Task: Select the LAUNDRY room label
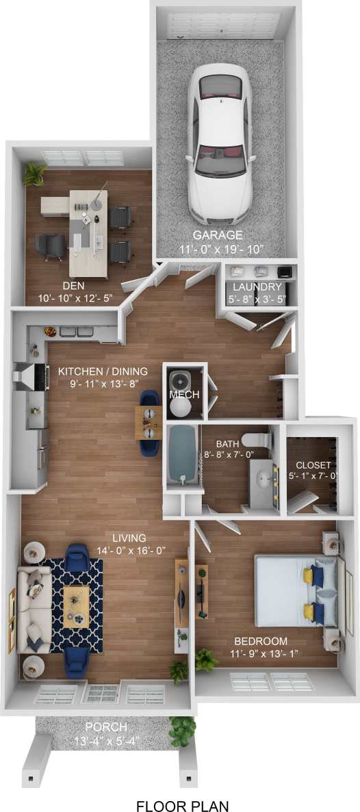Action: (257, 287)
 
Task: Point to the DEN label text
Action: (73, 286)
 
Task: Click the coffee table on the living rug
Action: (76, 605)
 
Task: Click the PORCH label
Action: (105, 726)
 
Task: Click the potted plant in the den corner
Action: (34, 173)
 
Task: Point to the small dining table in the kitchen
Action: (148, 422)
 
